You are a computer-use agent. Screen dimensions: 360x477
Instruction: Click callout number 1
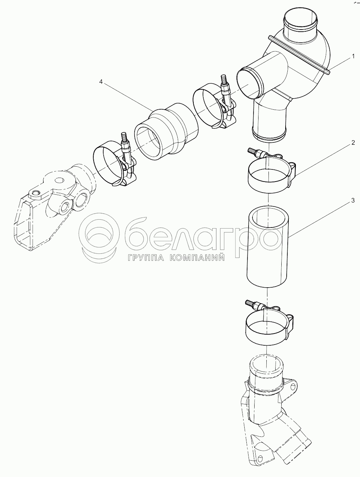point(353,57)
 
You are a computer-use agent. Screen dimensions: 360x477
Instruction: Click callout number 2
point(353,143)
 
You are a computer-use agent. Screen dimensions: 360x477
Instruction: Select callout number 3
point(353,200)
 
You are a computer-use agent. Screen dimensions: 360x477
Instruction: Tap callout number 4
point(101,82)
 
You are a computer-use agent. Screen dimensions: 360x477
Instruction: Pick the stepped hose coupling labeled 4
point(167,135)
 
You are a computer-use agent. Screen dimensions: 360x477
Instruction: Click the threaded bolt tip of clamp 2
point(251,151)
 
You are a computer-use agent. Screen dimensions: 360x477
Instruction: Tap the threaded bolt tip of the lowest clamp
point(249,302)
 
